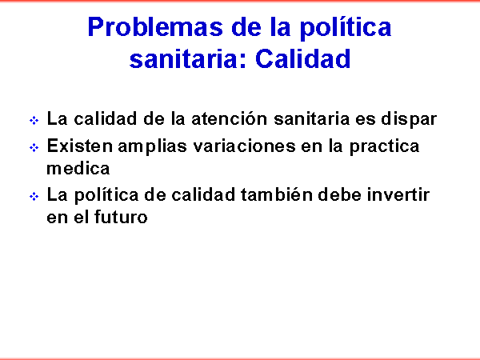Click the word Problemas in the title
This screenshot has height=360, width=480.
pos(155,27)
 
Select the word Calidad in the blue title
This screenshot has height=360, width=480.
pos(302,58)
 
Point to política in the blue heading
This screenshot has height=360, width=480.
pos(346,28)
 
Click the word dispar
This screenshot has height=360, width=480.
pos(409,119)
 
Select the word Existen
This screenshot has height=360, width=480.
pos(79,146)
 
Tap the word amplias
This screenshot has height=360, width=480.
pos(152,147)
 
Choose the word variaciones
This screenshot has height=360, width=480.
pos(244,146)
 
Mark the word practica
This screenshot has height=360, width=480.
pos(385,147)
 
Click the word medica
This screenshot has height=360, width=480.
pos(78,168)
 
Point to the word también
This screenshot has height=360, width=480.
pos(277,194)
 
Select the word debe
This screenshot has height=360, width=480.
pos(340,194)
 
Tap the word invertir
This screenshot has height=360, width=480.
pos(398,194)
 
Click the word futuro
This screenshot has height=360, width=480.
pos(121,217)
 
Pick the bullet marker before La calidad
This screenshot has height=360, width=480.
pos(34,120)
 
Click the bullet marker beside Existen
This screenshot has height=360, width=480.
pos(34,148)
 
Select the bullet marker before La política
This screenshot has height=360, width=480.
pos(34,197)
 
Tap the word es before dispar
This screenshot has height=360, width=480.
pos(366,120)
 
